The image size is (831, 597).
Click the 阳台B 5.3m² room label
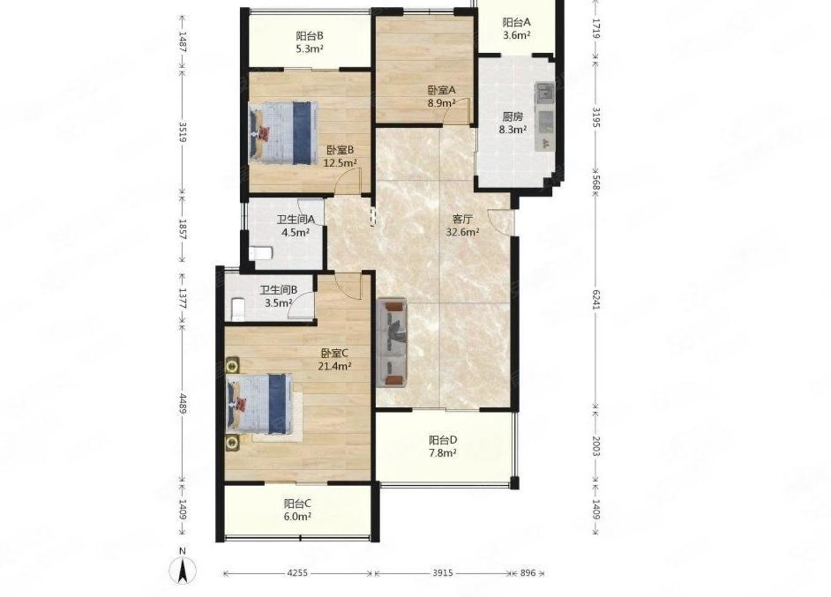[310, 42]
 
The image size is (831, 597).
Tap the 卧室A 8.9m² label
[441, 96]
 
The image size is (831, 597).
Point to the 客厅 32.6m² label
[462, 226]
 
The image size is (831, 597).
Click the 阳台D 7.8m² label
[443, 446]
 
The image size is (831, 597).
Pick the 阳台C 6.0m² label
[297, 510]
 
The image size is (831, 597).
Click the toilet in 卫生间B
[238, 310]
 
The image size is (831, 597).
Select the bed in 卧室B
[284, 132]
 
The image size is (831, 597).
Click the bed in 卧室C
[260, 404]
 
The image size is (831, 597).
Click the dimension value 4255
[297, 573]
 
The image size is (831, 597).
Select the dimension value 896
[527, 573]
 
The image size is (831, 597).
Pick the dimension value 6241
[596, 300]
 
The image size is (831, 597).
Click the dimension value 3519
[183, 132]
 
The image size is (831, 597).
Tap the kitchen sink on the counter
[544, 93]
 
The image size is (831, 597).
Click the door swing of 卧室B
[348, 181]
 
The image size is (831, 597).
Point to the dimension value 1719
[596, 29]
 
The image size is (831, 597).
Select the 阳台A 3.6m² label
[516, 29]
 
